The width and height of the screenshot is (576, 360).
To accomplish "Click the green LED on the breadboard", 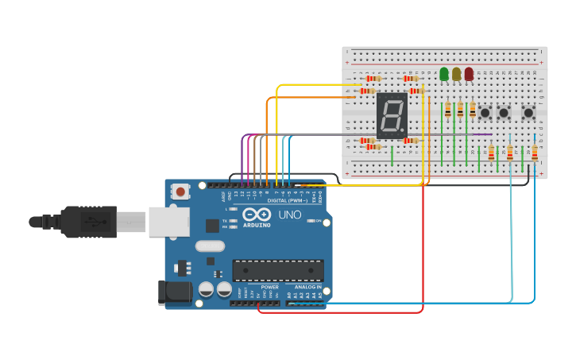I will pyautogui.click(x=444, y=74).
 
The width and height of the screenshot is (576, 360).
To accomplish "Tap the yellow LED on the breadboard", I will pyautogui.click(x=456, y=74).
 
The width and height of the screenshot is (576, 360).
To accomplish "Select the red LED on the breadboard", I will pyautogui.click(x=469, y=74).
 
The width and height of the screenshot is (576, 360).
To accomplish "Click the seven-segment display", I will pyautogui.click(x=392, y=115).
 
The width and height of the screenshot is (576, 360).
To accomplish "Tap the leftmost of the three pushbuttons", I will pyautogui.click(x=485, y=113).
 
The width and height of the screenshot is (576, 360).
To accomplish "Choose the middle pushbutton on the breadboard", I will pyautogui.click(x=504, y=113).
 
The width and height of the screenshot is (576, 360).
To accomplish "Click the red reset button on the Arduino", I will pyautogui.click(x=182, y=191).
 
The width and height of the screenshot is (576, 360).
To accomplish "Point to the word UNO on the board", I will pyautogui.click(x=289, y=215).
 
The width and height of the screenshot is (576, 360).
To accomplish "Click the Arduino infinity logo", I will pyautogui.click(x=257, y=215).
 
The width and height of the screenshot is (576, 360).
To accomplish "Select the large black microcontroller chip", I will pyautogui.click(x=277, y=270).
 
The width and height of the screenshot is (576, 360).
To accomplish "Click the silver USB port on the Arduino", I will pyautogui.click(x=168, y=222).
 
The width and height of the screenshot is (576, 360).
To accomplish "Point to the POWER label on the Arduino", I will pyautogui.click(x=270, y=287).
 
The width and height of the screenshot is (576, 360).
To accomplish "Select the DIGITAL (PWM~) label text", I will pyautogui.click(x=288, y=200).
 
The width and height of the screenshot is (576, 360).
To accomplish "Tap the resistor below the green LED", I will pyautogui.click(x=448, y=109).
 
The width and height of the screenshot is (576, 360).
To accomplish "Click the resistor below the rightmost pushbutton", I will pyautogui.click(x=535, y=153).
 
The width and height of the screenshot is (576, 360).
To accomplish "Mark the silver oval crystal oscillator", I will pyautogui.click(x=210, y=246).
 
